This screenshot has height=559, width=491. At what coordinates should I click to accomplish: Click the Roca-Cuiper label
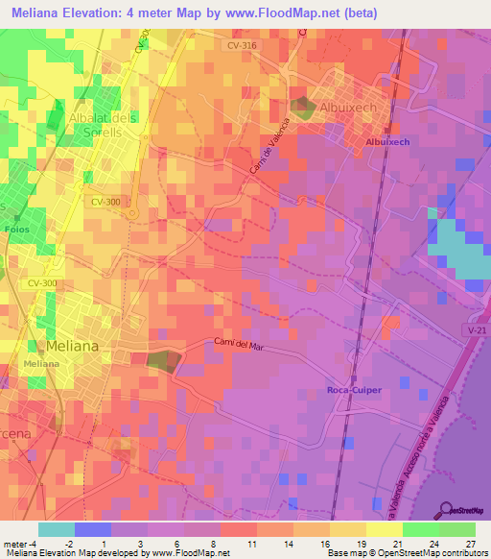pos(353,391)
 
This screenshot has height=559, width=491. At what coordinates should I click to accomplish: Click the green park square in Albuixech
pos(302,108)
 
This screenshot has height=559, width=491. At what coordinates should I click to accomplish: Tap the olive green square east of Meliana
pos(161,361)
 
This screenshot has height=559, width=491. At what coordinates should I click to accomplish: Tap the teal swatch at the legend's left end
pos(57,529)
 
